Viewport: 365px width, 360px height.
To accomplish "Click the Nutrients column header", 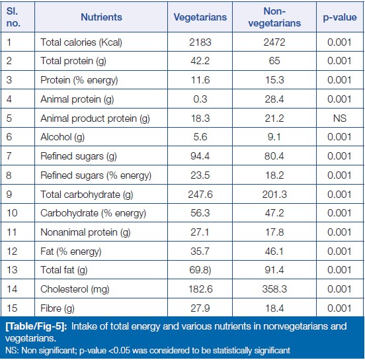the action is [x=101, y=17].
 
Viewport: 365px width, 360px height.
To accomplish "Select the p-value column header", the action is [x=340, y=17].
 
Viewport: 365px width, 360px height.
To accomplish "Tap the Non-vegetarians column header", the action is [x=274, y=17].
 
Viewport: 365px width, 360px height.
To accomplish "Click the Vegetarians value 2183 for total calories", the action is [x=200, y=42].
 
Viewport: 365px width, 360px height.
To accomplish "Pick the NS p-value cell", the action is [x=340, y=118].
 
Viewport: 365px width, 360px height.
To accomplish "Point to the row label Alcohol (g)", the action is [x=62, y=137].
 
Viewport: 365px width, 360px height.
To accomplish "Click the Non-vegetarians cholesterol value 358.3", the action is [x=274, y=289].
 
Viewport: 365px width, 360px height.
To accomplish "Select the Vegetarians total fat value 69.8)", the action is [x=200, y=270].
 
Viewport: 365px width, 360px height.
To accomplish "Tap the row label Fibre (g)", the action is [x=58, y=308].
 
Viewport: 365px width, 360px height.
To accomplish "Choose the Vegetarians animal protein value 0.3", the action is [x=200, y=99].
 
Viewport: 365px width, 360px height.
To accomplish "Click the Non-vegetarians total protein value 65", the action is [x=274, y=61].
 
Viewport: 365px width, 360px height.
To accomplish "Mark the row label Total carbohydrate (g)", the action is [x=87, y=195].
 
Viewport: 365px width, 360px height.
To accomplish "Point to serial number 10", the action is [x=12, y=213].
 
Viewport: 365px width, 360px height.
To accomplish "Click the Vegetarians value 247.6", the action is [x=200, y=195].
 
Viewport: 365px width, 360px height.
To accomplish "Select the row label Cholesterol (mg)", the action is [x=75, y=289].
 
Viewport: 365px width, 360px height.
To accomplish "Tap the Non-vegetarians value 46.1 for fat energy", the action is [x=274, y=251].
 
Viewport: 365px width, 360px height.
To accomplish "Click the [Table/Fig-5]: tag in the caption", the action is [x=36, y=326].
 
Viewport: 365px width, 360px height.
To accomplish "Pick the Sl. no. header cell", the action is [x=13, y=17].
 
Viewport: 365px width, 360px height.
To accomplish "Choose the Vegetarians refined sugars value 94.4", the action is [x=200, y=156].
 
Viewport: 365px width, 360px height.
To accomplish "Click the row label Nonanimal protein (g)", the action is [x=85, y=232].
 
